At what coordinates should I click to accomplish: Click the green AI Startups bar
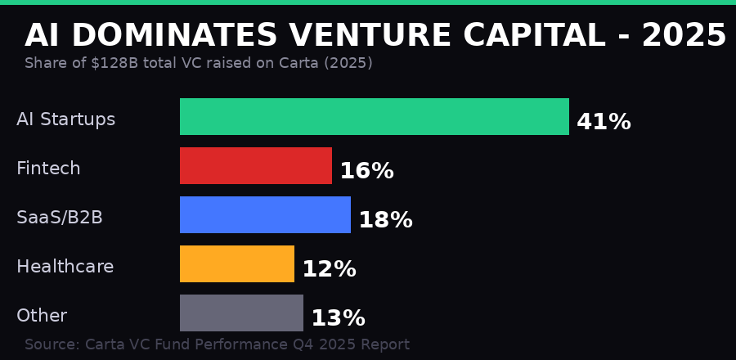point(374,116)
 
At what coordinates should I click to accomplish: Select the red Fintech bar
point(256,165)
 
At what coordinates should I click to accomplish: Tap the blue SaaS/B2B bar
point(265,214)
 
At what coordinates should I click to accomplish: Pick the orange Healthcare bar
point(237,263)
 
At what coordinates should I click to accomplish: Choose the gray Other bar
point(241,313)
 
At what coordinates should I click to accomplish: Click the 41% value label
point(604,122)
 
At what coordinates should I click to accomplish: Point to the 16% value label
point(366,171)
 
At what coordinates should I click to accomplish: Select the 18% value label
point(385,220)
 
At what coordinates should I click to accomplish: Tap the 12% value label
point(329,269)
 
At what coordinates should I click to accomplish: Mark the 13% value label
point(338,318)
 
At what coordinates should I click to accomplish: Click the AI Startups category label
point(65,119)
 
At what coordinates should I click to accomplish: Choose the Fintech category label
point(48,169)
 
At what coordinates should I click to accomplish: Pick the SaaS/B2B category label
point(60,218)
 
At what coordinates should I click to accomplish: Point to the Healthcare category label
point(65,267)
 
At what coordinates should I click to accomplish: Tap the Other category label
point(42,316)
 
